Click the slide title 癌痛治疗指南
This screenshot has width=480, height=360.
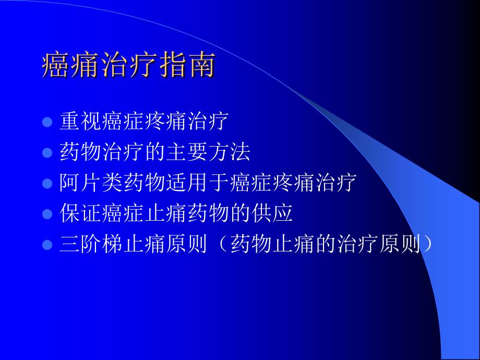point(128,66)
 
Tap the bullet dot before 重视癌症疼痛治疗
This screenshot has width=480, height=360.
point(47,122)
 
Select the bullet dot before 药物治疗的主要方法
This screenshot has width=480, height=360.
point(47,153)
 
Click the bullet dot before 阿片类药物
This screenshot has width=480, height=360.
point(47,184)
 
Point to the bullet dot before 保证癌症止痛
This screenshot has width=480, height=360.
point(47,214)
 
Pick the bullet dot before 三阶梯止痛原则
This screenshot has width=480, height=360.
point(47,245)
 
